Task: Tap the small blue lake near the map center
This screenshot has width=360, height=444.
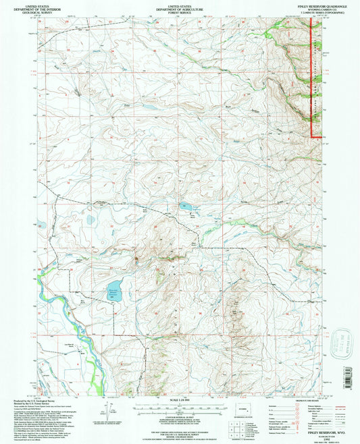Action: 185,207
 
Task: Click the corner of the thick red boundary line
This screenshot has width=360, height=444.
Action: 312,137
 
